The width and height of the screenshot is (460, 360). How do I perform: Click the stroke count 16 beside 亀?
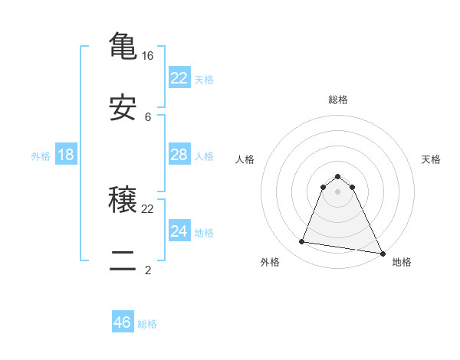coord(148,56)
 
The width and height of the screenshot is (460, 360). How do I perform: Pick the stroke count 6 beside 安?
coord(148,117)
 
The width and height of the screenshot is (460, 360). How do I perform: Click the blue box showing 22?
coord(179,77)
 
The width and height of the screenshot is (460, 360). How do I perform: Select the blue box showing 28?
coord(179,155)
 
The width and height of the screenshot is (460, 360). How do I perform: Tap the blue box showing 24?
coord(179,231)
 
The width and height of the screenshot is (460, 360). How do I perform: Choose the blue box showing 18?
coord(66,155)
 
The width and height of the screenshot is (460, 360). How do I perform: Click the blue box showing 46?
coord(123,322)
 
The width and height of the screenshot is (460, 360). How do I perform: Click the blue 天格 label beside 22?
coord(204,79)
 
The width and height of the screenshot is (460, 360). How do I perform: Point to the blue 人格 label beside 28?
coord(204,156)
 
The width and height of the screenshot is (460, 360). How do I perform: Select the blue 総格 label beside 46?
coord(147,324)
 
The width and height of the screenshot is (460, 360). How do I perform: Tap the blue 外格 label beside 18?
coord(41,156)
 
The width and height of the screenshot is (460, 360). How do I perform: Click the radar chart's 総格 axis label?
coord(338,100)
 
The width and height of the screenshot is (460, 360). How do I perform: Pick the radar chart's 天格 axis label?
coord(432,159)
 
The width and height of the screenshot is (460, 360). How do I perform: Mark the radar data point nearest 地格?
coord(382,253)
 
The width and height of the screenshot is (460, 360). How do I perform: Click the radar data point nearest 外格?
coord(302,242)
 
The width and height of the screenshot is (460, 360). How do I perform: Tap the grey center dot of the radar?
coord(338,191)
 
